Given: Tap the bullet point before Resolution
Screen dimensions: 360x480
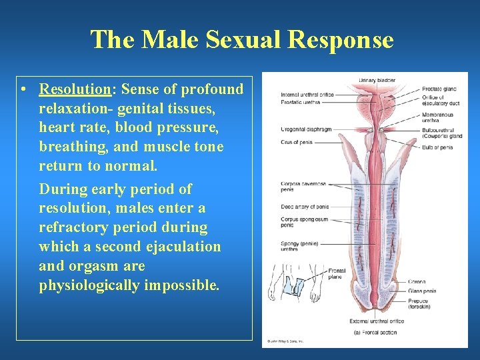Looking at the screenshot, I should [23, 89].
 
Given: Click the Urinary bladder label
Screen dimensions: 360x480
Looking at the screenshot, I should [377, 80].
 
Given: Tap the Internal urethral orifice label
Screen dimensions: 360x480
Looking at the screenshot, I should [307, 95].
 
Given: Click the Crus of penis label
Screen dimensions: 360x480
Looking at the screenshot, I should [296, 141].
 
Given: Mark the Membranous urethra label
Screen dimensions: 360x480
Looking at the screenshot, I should [437, 117].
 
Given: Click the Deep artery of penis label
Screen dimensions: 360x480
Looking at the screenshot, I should [305, 207].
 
